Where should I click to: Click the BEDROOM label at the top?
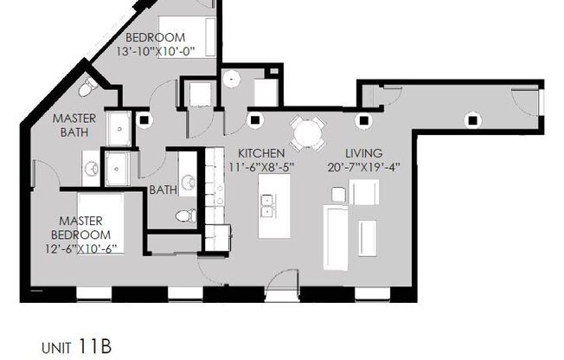[x=156, y=37]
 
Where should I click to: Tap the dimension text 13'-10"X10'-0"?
[x=159, y=51]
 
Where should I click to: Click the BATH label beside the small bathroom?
[x=163, y=190]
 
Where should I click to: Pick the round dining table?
[x=308, y=132]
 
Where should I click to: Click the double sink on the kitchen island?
[x=268, y=206]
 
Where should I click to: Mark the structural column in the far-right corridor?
[x=471, y=118]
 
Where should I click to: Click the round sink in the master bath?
[x=91, y=167]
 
